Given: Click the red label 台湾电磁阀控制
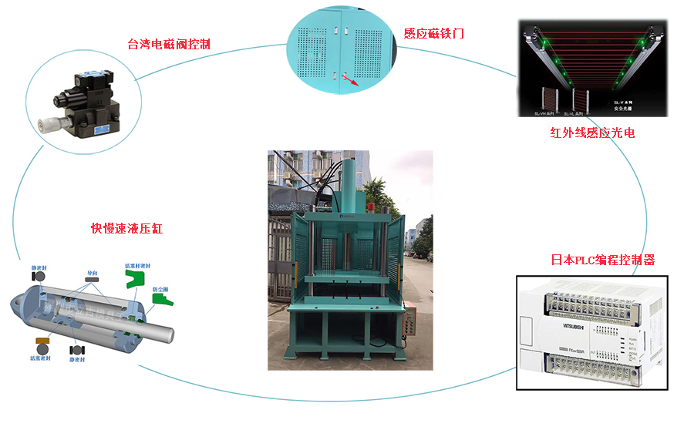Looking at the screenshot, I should [168, 44].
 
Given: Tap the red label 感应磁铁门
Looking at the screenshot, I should [433, 34].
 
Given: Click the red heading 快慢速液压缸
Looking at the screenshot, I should [127, 229].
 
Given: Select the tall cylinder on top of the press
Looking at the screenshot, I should [351, 185].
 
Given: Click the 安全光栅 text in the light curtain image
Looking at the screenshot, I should [622, 109].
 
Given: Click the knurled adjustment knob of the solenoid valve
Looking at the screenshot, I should [42, 126].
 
